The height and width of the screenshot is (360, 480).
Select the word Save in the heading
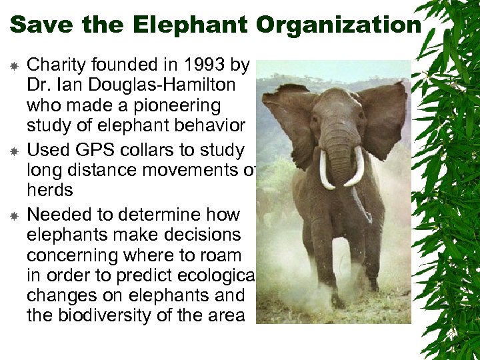tap(39, 25)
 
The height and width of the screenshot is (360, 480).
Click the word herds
tap(49, 190)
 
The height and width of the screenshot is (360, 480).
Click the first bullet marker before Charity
tap(13, 65)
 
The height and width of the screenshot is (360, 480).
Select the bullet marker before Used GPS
tap(13, 150)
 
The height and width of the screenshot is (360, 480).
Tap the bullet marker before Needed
tap(13, 215)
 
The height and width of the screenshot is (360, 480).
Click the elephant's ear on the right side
tap(384, 117)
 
